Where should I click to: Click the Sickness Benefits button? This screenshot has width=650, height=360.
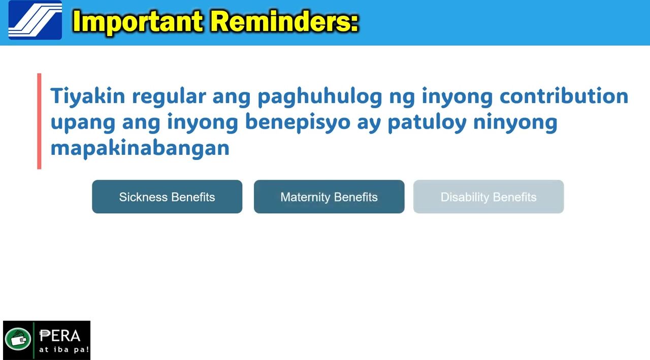coord(167,197)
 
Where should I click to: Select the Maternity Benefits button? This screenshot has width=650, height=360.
coord(329,197)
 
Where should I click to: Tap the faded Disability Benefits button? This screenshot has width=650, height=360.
coord(489,197)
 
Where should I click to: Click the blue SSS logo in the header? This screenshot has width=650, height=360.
coord(35,20)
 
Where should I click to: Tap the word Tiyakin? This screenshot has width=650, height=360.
coord(88,96)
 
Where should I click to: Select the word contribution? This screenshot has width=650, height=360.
coord(564,96)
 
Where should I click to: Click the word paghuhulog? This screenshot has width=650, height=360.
coord(320,97)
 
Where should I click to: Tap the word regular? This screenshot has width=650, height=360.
coord(169,97)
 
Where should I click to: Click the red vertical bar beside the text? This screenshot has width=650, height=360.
coord(39,121)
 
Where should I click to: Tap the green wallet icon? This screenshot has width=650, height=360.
coord(18,339)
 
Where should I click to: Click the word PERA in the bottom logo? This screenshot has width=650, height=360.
coord(59,336)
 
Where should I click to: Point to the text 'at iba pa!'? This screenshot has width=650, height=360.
coord(64,349)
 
